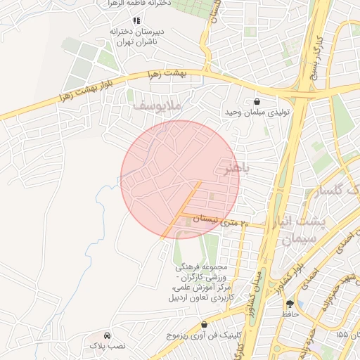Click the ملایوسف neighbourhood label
click(x=157, y=105)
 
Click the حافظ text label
click(x=290, y=314)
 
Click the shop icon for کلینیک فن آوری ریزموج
click(x=205, y=326)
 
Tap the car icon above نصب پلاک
click(x=106, y=335)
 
